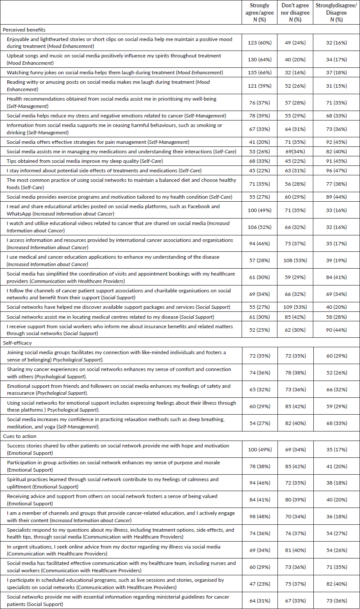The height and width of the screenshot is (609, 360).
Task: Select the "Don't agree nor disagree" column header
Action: (x=296, y=13)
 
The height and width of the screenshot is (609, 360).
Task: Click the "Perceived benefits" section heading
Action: (x=24, y=30)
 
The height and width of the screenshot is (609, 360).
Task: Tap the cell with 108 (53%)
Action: (x=296, y=260)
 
